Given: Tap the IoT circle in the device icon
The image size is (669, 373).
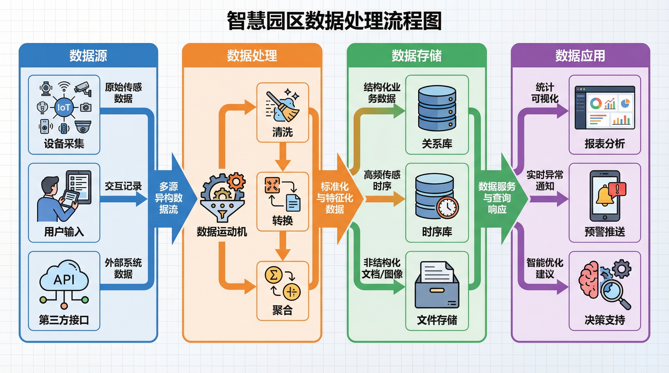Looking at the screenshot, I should tap(64, 107).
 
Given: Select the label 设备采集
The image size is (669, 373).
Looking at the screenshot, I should tap(64, 144).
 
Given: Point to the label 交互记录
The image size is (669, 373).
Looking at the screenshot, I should tap(123, 186).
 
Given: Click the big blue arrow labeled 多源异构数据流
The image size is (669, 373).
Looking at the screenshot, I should tap(169, 198).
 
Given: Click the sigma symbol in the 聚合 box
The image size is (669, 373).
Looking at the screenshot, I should tap(273, 275).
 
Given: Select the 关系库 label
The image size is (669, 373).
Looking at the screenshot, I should tap(437, 144).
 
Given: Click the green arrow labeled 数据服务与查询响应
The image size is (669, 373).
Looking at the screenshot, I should tap(497, 198).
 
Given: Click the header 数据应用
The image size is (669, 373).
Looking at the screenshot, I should tap(580, 56).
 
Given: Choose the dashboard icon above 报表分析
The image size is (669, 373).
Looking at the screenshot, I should tap(605, 108).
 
